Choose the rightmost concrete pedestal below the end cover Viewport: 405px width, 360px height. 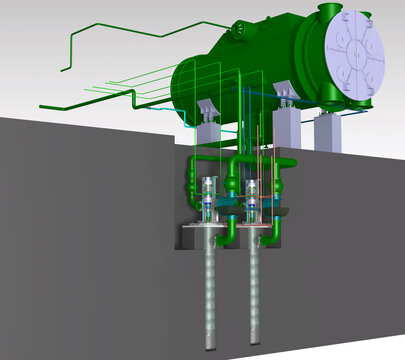(x=326, y=131)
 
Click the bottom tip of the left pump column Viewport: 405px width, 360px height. (x=208, y=347)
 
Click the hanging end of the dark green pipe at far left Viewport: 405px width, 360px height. (x=62, y=69)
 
